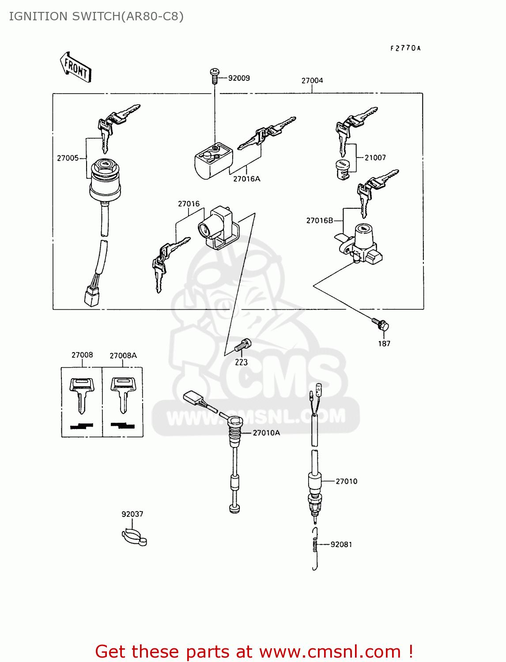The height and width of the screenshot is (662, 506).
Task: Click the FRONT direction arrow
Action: pyautogui.click(x=76, y=68)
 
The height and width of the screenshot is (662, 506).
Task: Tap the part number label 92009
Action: pyautogui.click(x=239, y=78)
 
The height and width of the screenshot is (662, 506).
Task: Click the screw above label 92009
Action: pyautogui.click(x=215, y=75)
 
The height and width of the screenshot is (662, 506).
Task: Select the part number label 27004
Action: pyautogui.click(x=312, y=80)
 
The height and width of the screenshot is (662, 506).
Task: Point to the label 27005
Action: pyautogui.click(x=68, y=158)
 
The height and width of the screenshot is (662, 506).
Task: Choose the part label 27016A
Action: pyautogui.click(x=246, y=179)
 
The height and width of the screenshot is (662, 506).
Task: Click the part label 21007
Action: pyautogui.click(x=375, y=158)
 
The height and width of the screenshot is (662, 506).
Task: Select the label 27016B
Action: pyautogui.click(x=319, y=220)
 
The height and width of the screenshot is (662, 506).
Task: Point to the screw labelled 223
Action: pyautogui.click(x=243, y=345)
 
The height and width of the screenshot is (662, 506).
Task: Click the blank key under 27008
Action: pyautogui.click(x=82, y=393)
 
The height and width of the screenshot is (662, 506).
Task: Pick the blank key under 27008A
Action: pyautogui.click(x=122, y=393)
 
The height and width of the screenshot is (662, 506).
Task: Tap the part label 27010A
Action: pyautogui.click(x=266, y=433)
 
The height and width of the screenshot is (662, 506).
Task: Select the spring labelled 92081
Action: pyautogui.click(x=315, y=546)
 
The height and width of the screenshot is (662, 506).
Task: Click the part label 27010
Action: pyautogui.click(x=346, y=481)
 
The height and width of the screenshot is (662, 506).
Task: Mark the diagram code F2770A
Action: pyautogui.click(x=405, y=48)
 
